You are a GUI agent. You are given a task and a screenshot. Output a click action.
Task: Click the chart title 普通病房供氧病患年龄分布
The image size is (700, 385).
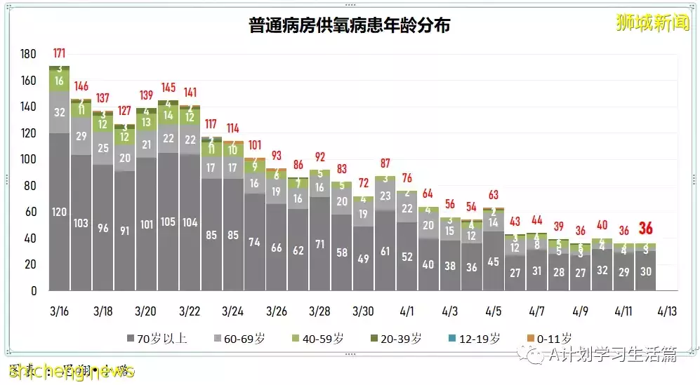349,26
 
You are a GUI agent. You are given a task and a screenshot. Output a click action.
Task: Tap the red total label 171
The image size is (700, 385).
60,53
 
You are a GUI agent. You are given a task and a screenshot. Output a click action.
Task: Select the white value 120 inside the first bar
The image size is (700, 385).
60,212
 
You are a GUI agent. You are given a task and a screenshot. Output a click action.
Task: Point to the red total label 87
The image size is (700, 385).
385,163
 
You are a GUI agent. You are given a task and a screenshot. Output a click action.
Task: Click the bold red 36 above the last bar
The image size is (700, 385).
646,229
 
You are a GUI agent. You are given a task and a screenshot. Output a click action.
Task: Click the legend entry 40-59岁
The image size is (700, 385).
320,338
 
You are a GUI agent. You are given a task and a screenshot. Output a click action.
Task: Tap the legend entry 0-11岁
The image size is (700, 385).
550,338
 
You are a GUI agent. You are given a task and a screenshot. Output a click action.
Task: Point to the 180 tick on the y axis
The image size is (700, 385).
28,55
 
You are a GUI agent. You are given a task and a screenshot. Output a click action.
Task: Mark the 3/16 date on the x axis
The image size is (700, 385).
60,310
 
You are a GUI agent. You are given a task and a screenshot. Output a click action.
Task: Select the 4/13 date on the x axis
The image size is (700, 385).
667,310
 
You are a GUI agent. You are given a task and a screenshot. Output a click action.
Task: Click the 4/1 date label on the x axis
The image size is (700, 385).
407,310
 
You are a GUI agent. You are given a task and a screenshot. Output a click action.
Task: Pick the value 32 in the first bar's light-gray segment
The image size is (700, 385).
60,112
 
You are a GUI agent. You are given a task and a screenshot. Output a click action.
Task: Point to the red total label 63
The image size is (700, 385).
494,194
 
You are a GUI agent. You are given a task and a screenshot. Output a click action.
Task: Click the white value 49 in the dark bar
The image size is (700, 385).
363,259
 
